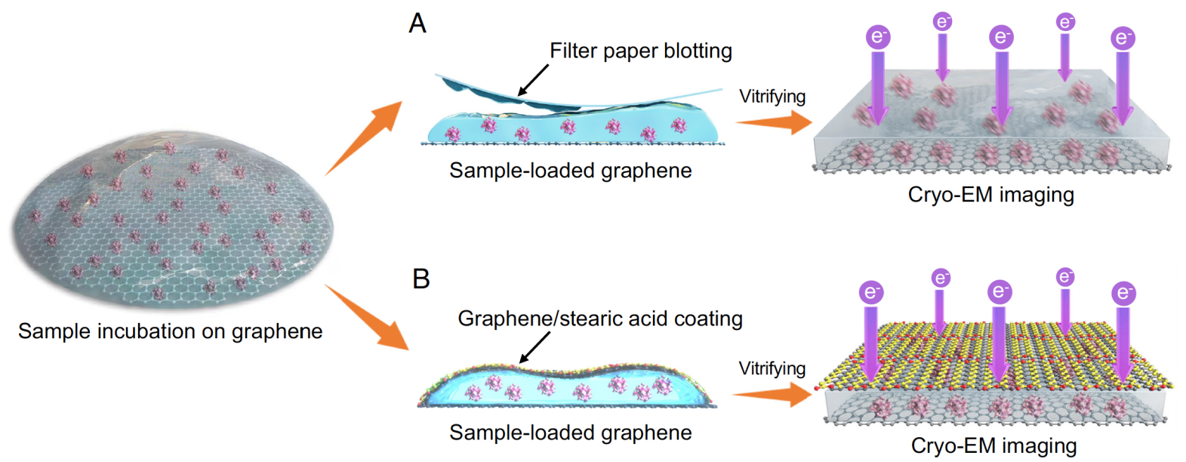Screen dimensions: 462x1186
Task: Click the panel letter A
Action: [x=417, y=23]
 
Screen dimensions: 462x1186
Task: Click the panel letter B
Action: [x=420, y=279]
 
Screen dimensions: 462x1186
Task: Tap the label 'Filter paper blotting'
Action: [x=640, y=51]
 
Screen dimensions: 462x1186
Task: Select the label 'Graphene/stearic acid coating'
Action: [x=600, y=319]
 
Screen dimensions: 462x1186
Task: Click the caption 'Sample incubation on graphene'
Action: [x=170, y=331]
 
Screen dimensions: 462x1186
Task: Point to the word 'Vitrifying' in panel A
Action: [x=772, y=97]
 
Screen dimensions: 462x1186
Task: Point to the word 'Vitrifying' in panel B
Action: [x=772, y=368]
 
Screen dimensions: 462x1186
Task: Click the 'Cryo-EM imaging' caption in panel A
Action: [x=990, y=195]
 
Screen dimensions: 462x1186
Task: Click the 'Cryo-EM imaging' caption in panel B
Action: [x=993, y=445]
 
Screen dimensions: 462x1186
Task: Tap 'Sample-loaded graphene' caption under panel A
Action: [x=570, y=171]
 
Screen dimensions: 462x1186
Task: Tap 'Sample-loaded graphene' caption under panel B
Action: [x=570, y=433]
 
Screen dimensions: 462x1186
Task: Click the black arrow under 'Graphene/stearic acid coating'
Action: [x=534, y=348]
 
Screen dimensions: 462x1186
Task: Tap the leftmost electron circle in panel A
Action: [x=877, y=37]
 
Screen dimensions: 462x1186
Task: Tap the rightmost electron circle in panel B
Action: [x=1123, y=293]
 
